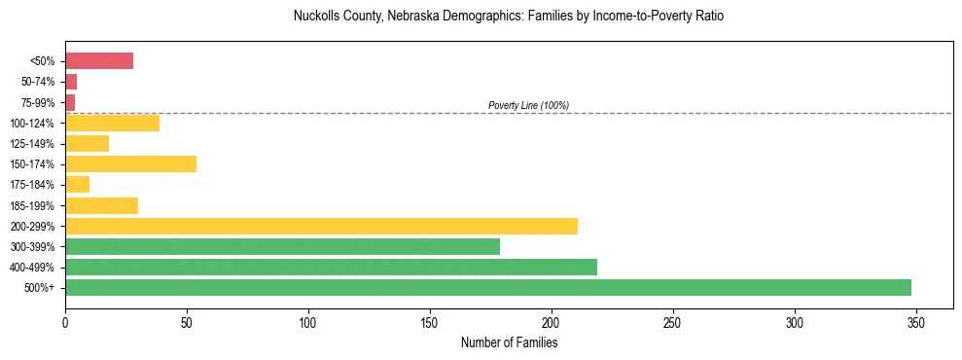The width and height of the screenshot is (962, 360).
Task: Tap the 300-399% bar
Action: click(282, 247)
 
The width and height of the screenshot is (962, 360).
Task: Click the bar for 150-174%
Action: click(130, 164)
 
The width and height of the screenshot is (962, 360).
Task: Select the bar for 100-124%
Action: click(112, 124)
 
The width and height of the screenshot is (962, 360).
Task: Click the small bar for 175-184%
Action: click(77, 185)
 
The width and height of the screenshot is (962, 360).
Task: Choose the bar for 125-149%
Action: click(87, 144)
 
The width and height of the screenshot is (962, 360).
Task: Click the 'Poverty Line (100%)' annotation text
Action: click(528, 105)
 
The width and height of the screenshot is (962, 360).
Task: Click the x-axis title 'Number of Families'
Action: click(509, 342)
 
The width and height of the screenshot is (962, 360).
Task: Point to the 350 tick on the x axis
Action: click(916, 323)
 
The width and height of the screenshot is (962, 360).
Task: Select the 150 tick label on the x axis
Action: click(430, 323)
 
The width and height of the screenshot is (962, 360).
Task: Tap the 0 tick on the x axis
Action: click(65, 323)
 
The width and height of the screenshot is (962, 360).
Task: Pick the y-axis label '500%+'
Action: click(41, 288)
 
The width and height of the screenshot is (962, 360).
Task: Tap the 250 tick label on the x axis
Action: click(673, 323)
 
